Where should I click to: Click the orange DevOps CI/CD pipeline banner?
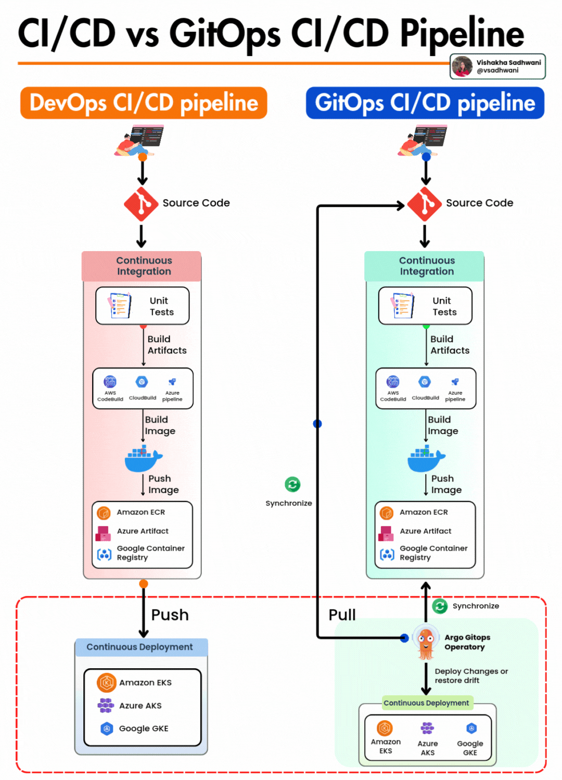(144, 103)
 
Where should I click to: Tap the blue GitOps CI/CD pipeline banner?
(425, 103)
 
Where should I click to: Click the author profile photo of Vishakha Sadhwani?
(462, 67)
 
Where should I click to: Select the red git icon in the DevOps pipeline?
(141, 204)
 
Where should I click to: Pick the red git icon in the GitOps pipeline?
(425, 204)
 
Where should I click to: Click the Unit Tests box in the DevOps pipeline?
(143, 306)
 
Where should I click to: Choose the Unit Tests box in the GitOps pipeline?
(425, 306)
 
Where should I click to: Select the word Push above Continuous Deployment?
(170, 615)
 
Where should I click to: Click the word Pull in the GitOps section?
(342, 615)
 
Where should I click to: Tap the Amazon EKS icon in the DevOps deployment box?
(107, 682)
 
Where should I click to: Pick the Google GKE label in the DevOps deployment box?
(144, 729)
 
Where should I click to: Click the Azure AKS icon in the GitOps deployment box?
(427, 727)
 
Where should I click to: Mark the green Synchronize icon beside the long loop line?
(292, 485)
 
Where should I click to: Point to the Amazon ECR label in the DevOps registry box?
(140, 512)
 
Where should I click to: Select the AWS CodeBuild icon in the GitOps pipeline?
(393, 382)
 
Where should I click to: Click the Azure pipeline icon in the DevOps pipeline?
(172, 382)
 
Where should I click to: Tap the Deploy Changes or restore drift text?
(471, 675)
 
